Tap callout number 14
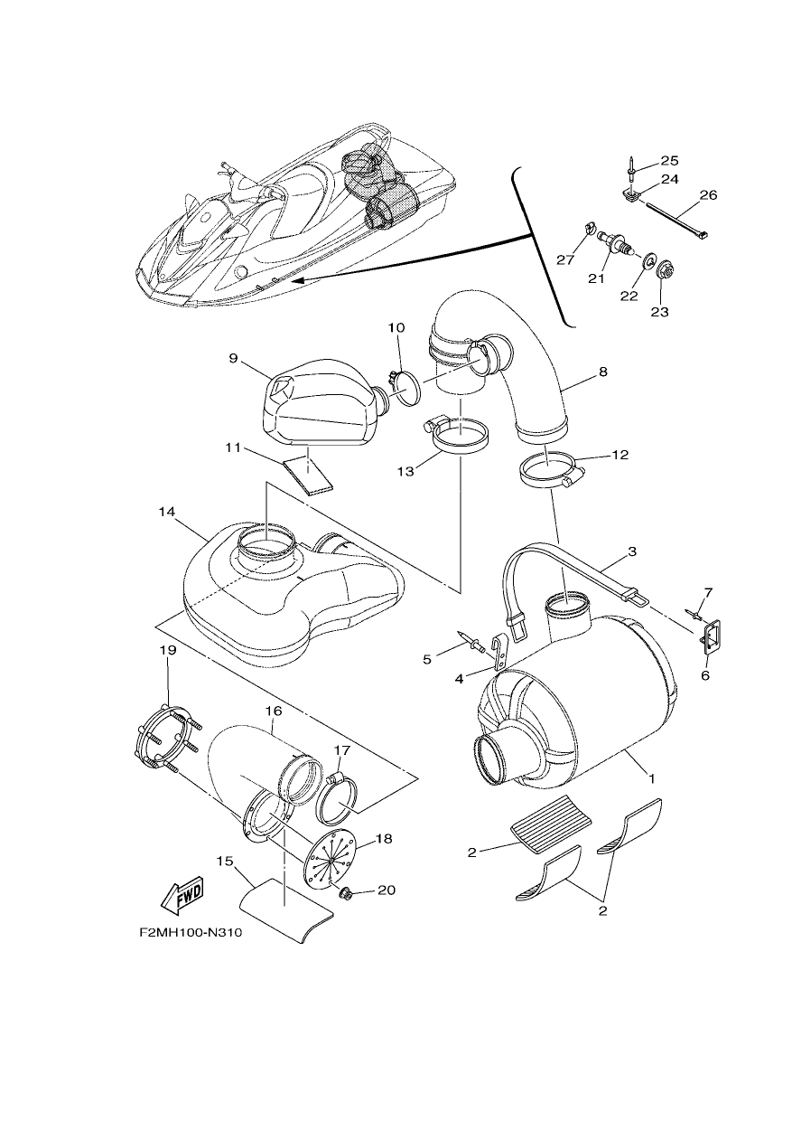click(167, 512)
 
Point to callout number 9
click(234, 358)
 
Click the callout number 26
click(708, 195)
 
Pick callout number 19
click(168, 650)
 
